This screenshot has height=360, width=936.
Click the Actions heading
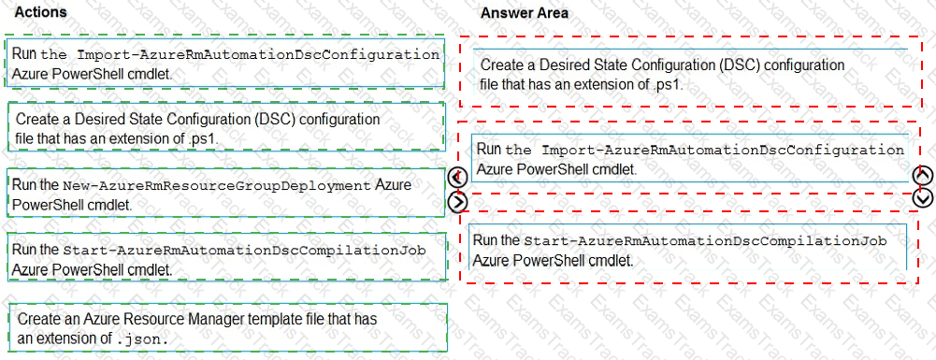pyautogui.click(x=41, y=13)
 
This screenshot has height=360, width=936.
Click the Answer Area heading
pyautogui.click(x=524, y=13)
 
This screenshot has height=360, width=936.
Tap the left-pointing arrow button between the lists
pyautogui.click(x=457, y=179)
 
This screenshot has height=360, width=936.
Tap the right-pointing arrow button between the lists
pyautogui.click(x=457, y=200)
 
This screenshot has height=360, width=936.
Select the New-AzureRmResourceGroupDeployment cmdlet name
pyautogui.click(x=217, y=186)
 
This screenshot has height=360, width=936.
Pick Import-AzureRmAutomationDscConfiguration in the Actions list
pyautogui.click(x=257, y=54)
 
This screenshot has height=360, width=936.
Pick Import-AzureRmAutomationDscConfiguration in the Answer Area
pyautogui.click(x=723, y=150)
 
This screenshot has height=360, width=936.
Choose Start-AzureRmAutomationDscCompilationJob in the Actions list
pyautogui.click(x=244, y=251)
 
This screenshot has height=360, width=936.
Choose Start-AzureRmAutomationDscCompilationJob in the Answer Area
pyautogui.click(x=704, y=240)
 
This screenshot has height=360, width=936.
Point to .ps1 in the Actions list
pyautogui.click(x=204, y=138)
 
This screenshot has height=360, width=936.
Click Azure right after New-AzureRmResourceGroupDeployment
pyautogui.click(x=393, y=185)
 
